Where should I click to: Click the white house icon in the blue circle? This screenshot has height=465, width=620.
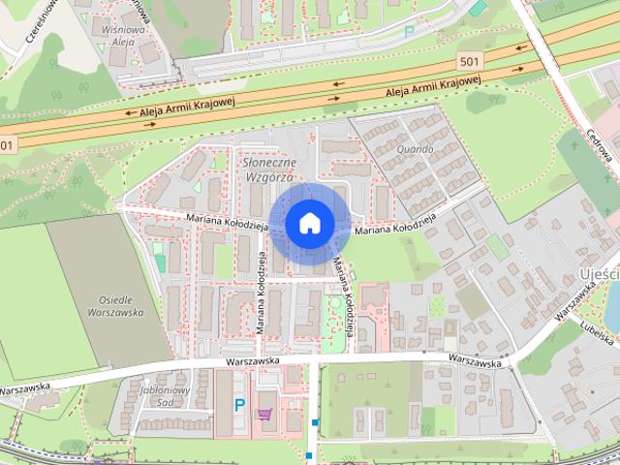[x=309, y=223]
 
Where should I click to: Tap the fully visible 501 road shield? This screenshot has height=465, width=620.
[x=469, y=62]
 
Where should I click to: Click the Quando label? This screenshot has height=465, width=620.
[x=414, y=149]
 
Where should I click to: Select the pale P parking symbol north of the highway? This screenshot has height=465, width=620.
[x=408, y=31]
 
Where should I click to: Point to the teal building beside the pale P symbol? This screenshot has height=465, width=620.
[x=478, y=9]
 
